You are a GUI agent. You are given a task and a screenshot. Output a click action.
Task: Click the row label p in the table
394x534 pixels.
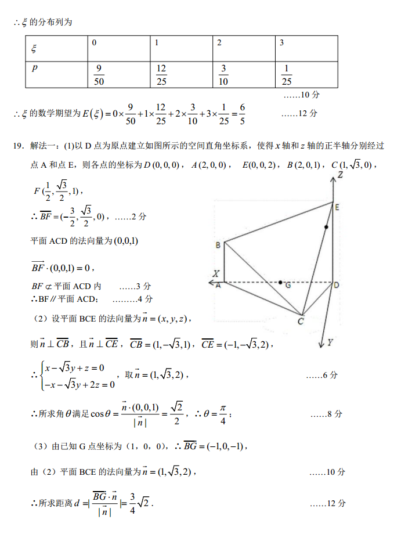point(35,68)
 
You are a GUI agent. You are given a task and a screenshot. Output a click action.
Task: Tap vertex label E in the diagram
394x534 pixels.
point(337,207)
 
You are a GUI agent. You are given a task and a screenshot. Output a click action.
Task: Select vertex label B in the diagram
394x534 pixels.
point(218,246)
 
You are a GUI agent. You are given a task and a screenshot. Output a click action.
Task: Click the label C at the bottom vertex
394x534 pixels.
point(301,320)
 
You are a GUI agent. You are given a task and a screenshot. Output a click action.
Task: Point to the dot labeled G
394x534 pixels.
point(281,283)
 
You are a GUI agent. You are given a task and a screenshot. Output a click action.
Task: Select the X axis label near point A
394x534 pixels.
point(215,273)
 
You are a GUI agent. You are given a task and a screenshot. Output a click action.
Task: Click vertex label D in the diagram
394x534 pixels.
point(337,284)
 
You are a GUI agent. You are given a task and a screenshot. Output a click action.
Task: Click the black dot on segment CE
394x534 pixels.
point(327,228)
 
